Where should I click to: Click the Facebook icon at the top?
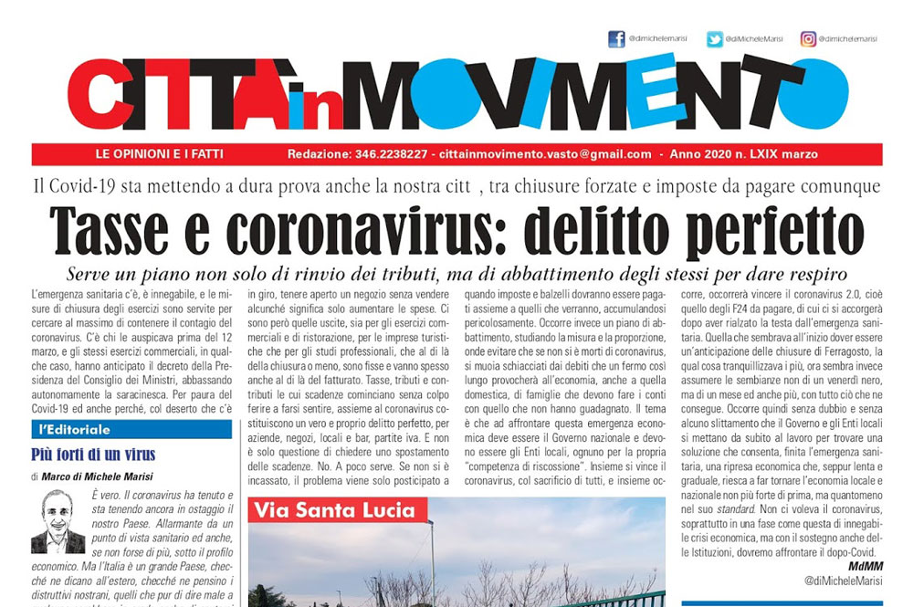[x=616, y=39]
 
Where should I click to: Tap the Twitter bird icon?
[x=714, y=39]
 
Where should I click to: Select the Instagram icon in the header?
[x=808, y=39]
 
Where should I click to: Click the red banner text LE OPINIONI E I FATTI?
[x=159, y=154]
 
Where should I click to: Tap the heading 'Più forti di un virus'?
[x=93, y=455]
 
